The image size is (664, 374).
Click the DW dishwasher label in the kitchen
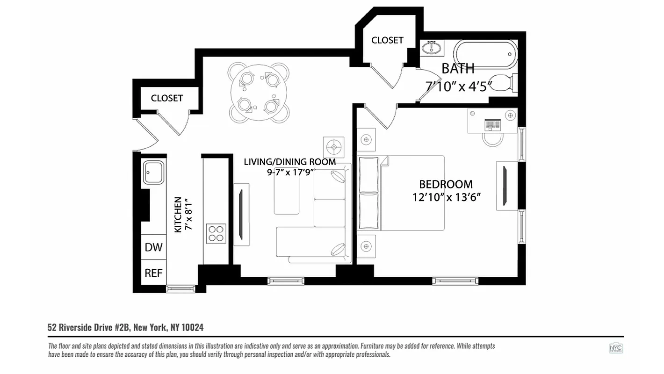[x=153, y=247]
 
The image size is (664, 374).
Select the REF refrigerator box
[x=153, y=273]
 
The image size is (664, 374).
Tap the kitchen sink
[x=154, y=172]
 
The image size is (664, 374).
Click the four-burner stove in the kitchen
[x=216, y=233]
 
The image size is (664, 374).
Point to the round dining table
[x=259, y=93]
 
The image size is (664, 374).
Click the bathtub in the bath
[x=485, y=55]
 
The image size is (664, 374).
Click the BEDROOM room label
[x=446, y=184]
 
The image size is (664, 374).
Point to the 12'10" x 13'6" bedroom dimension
[x=447, y=197]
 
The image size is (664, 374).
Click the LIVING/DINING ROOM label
[x=290, y=162]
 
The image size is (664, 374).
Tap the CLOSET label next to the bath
[x=387, y=40]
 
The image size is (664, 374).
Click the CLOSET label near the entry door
[x=167, y=98]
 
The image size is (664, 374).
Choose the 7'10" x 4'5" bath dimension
[x=458, y=86]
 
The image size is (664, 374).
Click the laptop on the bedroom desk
[x=493, y=124]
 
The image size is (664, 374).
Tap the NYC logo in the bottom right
[x=615, y=348]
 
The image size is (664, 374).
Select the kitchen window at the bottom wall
[x=181, y=289]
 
